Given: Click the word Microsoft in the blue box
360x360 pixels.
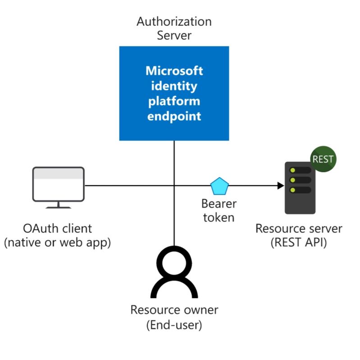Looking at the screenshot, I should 174,71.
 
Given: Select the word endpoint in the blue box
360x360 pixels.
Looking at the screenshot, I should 174,116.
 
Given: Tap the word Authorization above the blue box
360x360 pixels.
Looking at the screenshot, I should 174,21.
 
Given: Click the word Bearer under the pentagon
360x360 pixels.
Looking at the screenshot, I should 219,204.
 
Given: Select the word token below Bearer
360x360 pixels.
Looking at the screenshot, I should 219,218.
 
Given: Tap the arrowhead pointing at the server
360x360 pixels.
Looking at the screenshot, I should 281,186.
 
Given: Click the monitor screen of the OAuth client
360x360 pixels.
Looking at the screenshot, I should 59,185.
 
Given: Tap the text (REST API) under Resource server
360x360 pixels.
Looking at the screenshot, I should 299,242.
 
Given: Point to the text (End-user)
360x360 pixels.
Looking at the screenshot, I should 174,325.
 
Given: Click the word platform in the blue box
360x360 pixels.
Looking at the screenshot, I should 174,101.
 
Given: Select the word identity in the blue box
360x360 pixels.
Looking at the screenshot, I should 174,86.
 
